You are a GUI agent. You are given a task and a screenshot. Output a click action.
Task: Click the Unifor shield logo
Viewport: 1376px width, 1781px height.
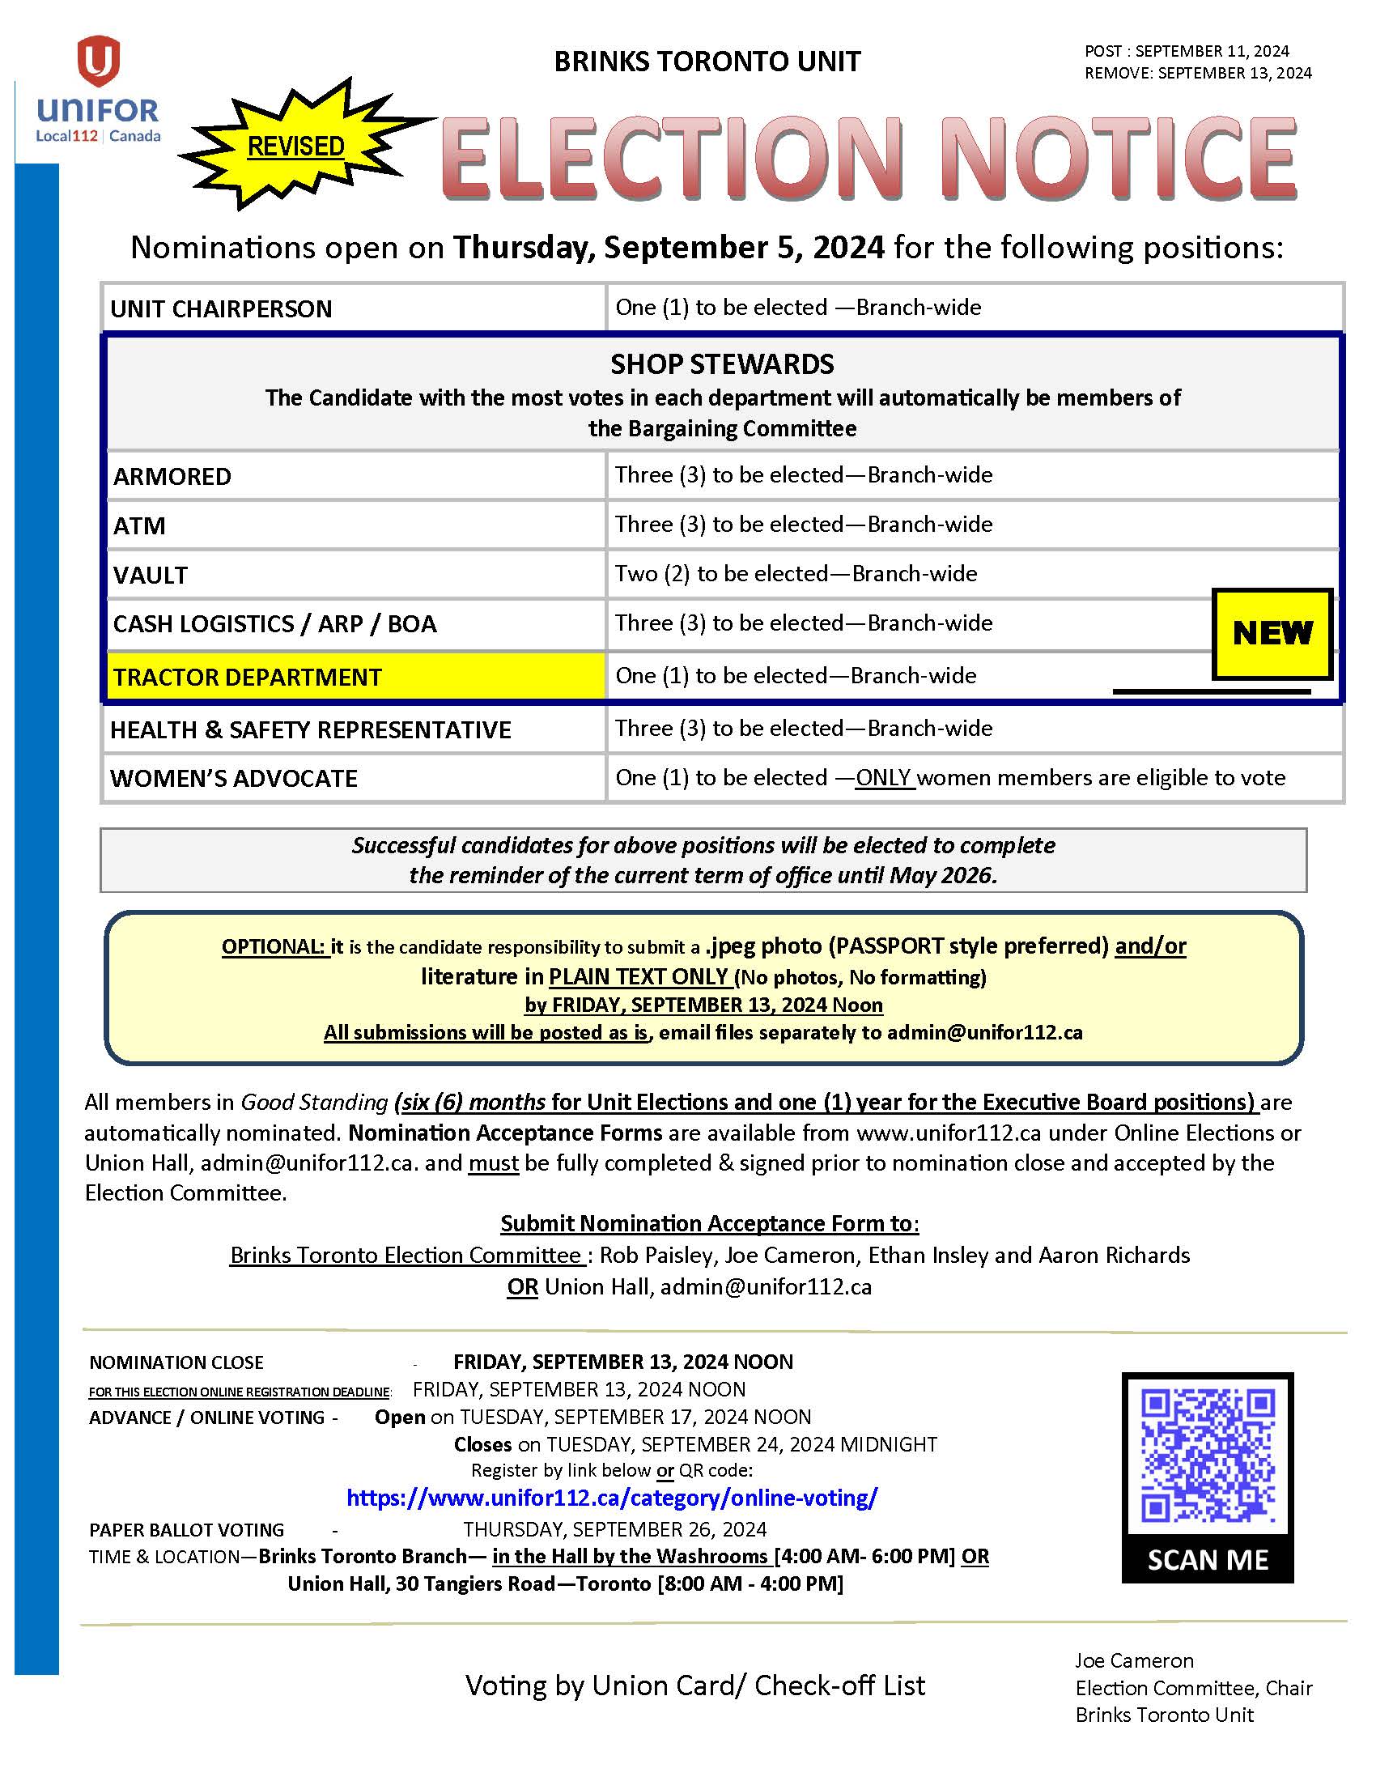98,62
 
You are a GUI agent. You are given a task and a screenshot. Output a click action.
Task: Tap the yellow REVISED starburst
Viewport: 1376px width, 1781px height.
296,147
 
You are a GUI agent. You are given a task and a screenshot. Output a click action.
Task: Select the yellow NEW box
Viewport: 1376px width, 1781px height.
1272,633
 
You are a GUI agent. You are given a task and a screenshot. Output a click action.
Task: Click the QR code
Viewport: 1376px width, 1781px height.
1208,1456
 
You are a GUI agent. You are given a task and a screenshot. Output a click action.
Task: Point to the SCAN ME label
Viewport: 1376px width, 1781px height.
1208,1560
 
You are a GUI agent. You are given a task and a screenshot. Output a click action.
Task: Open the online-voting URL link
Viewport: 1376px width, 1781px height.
611,1498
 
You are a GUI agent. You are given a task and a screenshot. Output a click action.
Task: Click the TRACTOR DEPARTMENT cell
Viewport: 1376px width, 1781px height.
355,677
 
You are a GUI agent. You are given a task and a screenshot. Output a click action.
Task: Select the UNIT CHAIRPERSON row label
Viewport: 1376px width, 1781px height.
221,309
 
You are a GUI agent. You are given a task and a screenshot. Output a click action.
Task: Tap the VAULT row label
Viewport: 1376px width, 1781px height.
150,575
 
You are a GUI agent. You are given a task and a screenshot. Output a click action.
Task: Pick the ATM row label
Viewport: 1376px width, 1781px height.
139,526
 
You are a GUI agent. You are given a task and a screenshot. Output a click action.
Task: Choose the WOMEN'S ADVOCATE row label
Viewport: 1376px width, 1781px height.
234,779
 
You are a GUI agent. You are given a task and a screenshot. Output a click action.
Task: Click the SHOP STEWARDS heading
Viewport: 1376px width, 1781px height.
721,363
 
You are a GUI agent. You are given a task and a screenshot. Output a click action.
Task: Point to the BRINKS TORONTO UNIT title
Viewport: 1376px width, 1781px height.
707,62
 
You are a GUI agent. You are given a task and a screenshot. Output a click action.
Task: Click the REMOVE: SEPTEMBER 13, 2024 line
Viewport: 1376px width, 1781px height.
1197,74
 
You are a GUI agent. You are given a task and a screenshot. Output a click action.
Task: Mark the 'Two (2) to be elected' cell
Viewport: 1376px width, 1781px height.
796,574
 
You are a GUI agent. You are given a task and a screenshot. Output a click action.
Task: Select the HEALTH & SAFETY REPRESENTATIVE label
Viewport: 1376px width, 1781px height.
311,730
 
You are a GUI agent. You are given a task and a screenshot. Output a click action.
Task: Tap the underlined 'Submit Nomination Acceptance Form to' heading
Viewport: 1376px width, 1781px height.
708,1223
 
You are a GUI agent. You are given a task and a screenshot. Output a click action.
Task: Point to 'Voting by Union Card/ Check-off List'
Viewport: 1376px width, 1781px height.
694,1685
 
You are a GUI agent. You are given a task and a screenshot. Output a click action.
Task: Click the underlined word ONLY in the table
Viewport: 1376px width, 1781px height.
884,778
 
